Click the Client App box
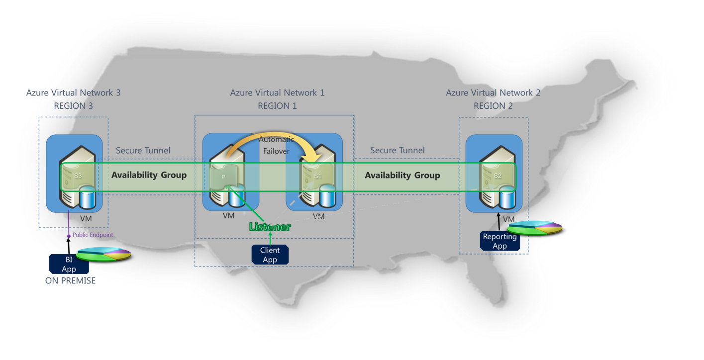click(x=270, y=255)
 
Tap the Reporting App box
click(x=500, y=241)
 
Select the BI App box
click(x=69, y=264)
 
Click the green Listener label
click(x=270, y=227)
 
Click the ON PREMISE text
click(x=70, y=281)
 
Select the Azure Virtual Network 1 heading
click(x=277, y=92)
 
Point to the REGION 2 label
click(x=493, y=106)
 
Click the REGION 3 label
click(x=73, y=106)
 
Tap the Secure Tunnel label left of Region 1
click(x=143, y=150)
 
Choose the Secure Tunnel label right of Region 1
click(x=397, y=150)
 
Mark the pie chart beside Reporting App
click(x=535, y=228)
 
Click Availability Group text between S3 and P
click(x=149, y=175)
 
